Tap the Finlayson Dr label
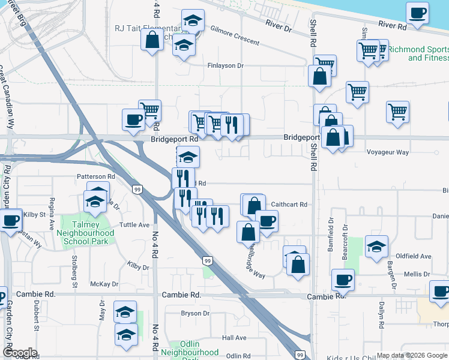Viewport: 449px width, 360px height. point(226,65)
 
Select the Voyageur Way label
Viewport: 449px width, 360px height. point(387,152)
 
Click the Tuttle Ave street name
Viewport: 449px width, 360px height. point(134,225)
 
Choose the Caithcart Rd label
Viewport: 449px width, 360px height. point(289,205)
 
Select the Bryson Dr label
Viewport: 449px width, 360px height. point(195,314)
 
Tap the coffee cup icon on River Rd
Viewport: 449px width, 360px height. point(417,12)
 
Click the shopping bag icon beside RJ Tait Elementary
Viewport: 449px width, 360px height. point(152,40)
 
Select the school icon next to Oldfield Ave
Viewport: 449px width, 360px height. point(376,246)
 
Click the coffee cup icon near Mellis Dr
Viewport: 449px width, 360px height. point(343,279)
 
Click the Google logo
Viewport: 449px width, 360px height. point(20,353)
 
